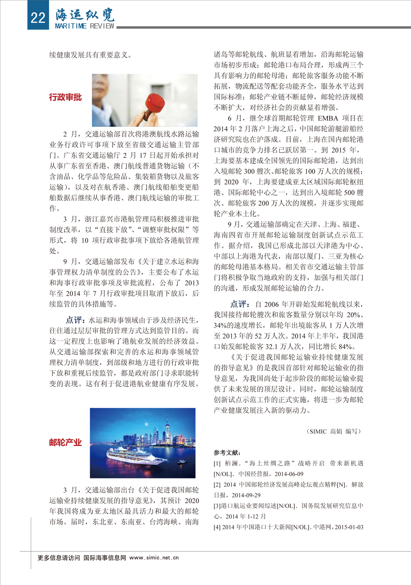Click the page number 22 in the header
coord(38,17)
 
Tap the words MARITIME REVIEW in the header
coord(85,26)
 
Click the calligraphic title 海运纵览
coord(85,14)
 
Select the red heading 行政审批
coord(65,97)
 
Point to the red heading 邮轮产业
coord(65,442)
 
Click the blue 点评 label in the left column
coord(75,320)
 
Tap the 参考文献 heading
coord(227,453)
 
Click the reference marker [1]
coord(217,464)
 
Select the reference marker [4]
coord(217,527)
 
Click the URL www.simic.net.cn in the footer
coord(154,558)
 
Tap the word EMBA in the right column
coord(328,118)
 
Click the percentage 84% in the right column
coord(346,347)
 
